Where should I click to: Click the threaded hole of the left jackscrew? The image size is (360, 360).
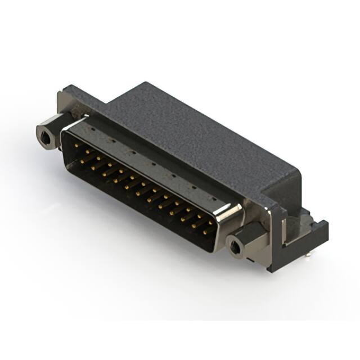[x=44, y=135]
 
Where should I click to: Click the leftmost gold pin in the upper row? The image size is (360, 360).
[x=76, y=150]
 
